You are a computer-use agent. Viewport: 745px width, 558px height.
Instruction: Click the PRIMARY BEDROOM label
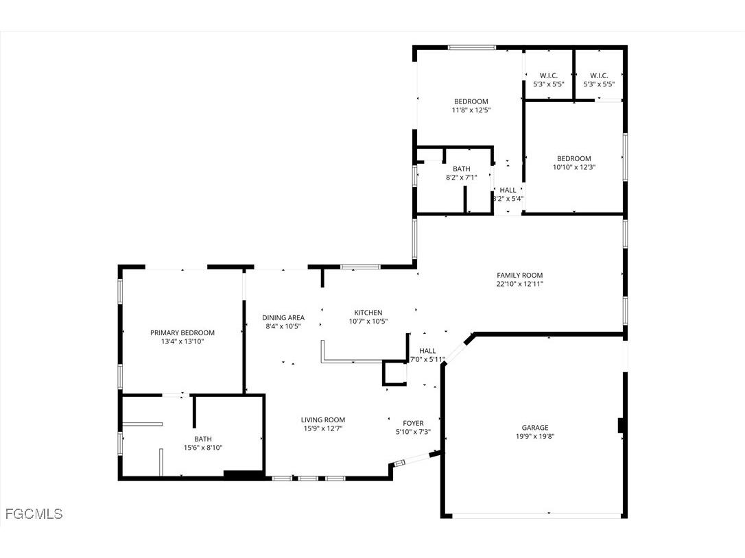tap(182, 332)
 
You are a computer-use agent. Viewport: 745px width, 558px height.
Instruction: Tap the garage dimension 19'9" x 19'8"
tap(532, 436)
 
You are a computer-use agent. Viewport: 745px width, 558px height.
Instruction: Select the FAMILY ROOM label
tap(520, 275)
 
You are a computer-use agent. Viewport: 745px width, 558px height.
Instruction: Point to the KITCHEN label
tap(368, 313)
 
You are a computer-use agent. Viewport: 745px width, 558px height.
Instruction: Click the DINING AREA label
tap(283, 317)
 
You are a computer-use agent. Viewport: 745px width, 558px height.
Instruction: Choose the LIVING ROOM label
tap(322, 420)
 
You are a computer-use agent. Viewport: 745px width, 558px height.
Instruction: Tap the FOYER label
tap(413, 423)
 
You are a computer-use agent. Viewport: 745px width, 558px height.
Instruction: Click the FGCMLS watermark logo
tap(34, 513)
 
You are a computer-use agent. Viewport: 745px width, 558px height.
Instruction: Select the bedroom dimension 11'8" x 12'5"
tap(471, 110)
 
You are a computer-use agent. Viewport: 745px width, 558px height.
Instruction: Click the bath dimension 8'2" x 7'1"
tap(461, 178)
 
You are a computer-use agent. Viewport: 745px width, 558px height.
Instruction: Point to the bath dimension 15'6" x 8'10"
tap(203, 448)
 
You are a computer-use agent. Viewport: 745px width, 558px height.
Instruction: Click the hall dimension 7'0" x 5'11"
tap(427, 359)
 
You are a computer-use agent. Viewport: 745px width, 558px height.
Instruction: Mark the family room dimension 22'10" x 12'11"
tap(520, 283)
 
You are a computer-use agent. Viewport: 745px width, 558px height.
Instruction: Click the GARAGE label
tap(532, 428)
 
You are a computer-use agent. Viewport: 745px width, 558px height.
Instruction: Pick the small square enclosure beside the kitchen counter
tap(394, 373)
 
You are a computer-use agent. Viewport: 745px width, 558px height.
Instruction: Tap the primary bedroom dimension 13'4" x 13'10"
tap(182, 341)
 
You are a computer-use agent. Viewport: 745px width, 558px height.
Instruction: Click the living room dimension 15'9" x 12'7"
tap(322, 428)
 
